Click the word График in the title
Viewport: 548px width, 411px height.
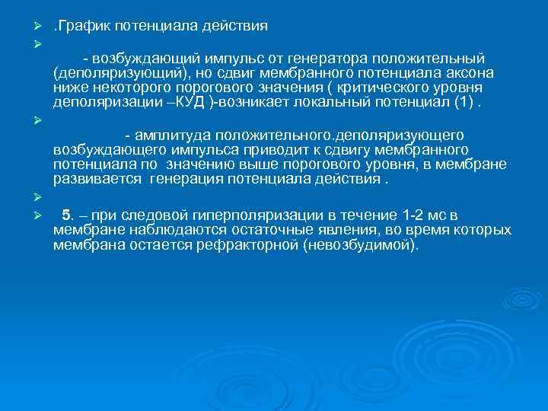click(x=84, y=26)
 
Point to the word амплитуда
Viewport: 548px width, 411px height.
click(x=172, y=135)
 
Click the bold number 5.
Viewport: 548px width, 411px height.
click(x=67, y=215)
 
